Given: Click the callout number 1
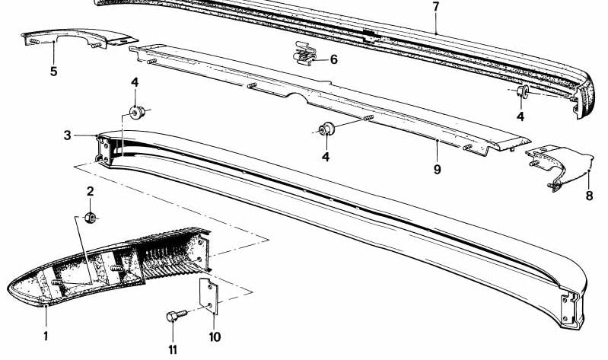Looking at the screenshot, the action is coord(46,336).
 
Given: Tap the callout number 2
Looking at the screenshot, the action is coord(91,191).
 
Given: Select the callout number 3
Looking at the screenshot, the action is coord(68,135).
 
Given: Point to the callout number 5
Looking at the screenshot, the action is coord(53,72).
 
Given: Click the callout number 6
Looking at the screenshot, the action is coord(334,59).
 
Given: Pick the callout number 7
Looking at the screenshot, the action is coord(436,7).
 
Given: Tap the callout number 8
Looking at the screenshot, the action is coord(589,196).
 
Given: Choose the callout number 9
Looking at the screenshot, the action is coord(437,170).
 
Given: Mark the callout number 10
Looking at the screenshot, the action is coord(215,336).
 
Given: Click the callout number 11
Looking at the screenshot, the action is coord(173,350).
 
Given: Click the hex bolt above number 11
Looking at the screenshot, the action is coord(177,315).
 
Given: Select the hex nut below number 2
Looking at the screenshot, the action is coord(91,218).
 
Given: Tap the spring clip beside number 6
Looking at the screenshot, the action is coord(304,55).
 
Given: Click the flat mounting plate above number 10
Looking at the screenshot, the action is coord(209,295).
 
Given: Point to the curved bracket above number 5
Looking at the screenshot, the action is coord(78,38).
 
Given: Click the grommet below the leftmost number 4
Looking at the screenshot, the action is coord(137,112).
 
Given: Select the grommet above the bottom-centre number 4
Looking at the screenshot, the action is coord(326,129).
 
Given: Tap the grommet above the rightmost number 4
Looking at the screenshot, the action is coord(523,91).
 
